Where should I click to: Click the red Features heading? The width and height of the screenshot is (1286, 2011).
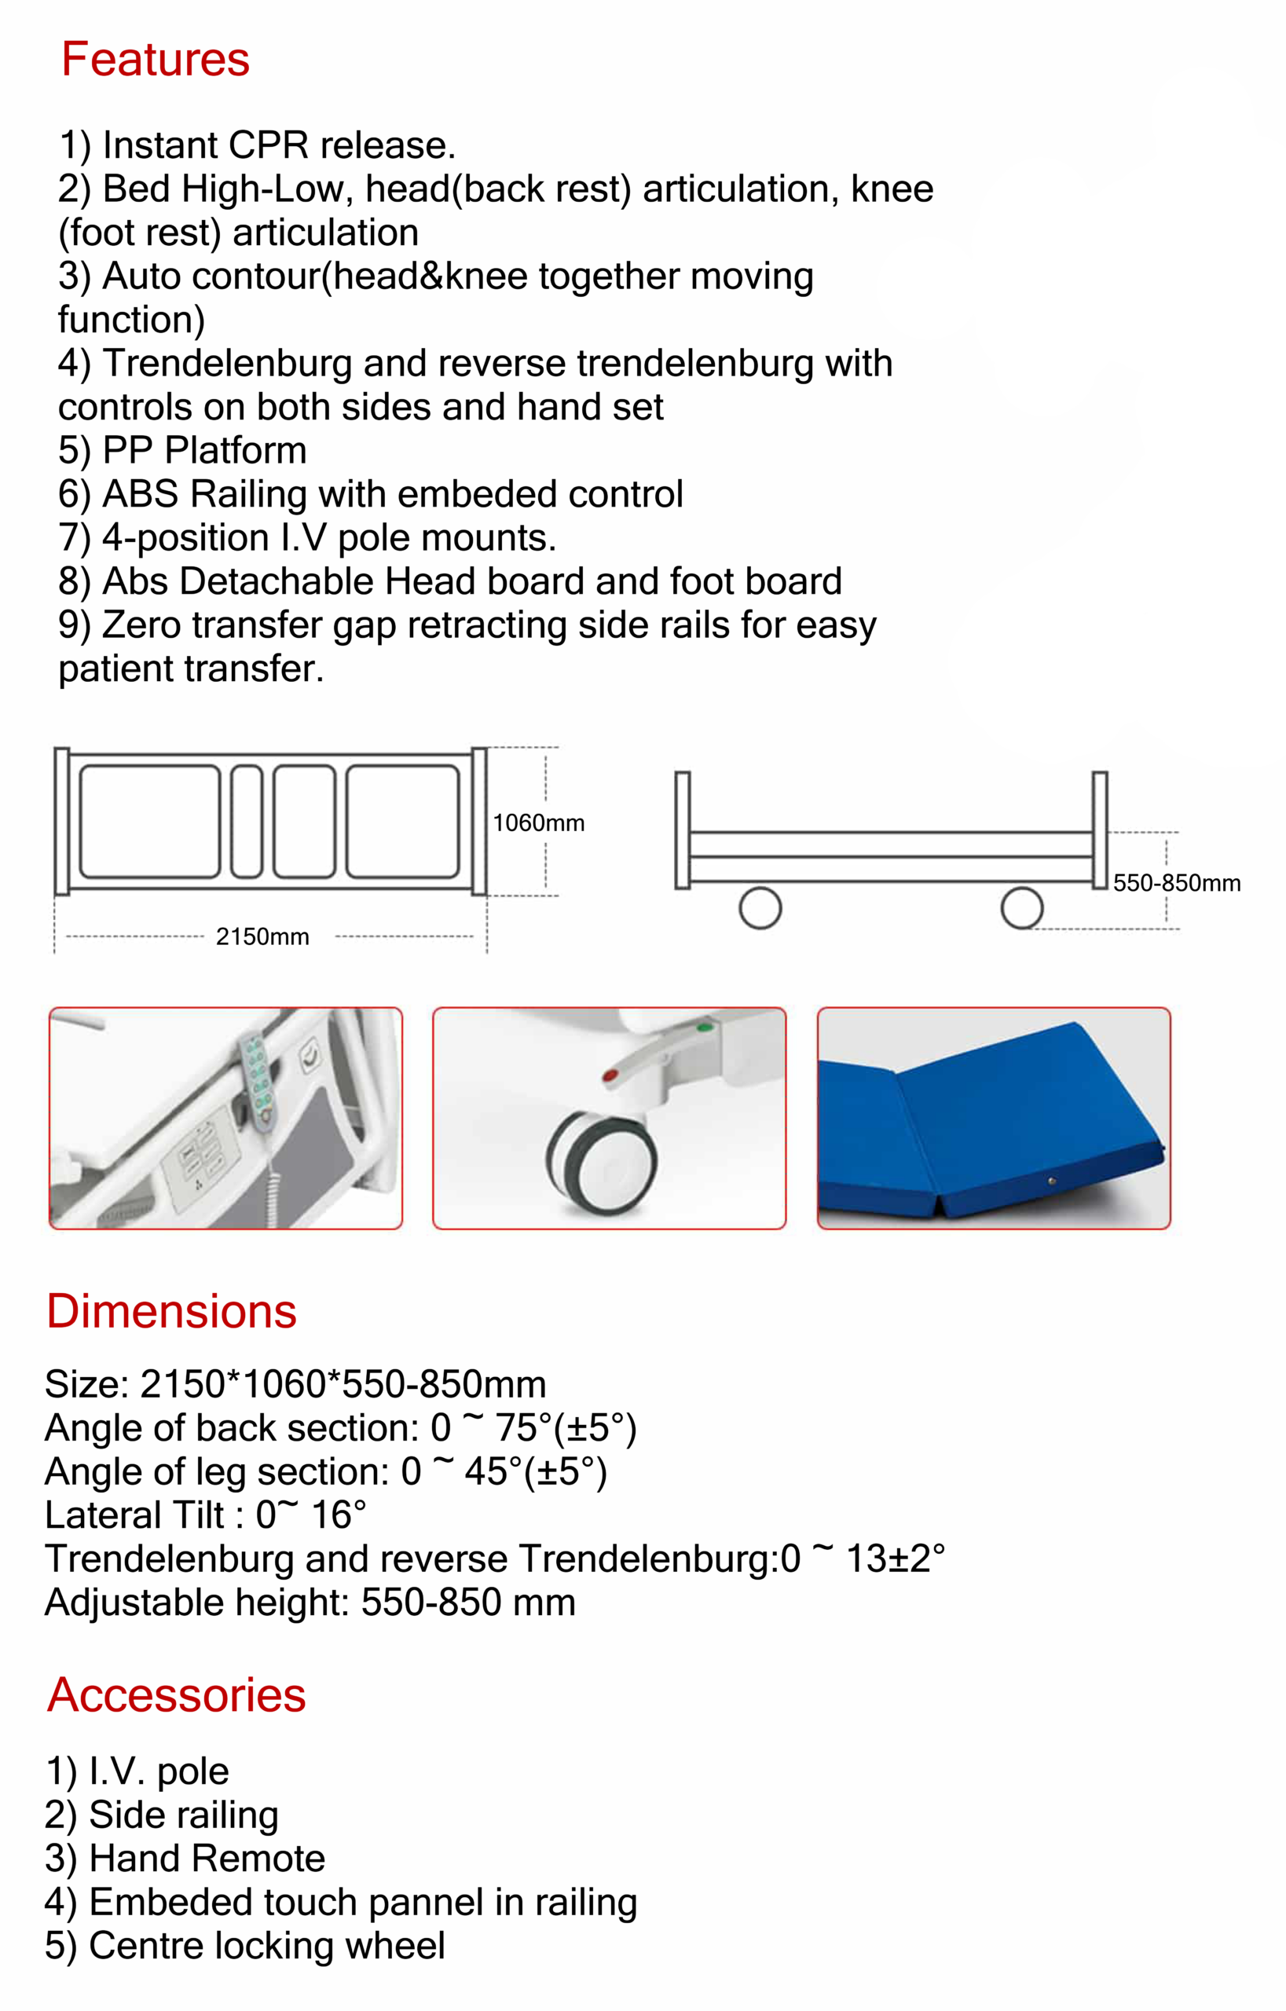(x=156, y=60)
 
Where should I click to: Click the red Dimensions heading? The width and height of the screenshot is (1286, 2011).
(x=171, y=1311)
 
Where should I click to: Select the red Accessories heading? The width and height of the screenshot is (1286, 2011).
(x=176, y=1694)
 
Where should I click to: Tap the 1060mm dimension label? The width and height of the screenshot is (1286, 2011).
(x=538, y=823)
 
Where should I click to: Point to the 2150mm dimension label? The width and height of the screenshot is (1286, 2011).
(x=262, y=937)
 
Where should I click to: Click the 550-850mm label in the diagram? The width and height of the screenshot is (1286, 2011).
(x=1176, y=884)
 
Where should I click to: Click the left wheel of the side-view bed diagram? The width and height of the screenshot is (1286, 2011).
(x=760, y=908)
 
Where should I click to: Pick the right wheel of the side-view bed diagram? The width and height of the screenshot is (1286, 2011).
(x=1022, y=908)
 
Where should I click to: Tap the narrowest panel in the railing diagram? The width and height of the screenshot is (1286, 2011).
(x=247, y=822)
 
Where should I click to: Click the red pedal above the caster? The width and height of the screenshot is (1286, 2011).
(x=611, y=1075)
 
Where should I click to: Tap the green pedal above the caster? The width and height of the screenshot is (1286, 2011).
(x=705, y=1027)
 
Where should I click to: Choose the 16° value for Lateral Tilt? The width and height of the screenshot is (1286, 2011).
(x=339, y=1516)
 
